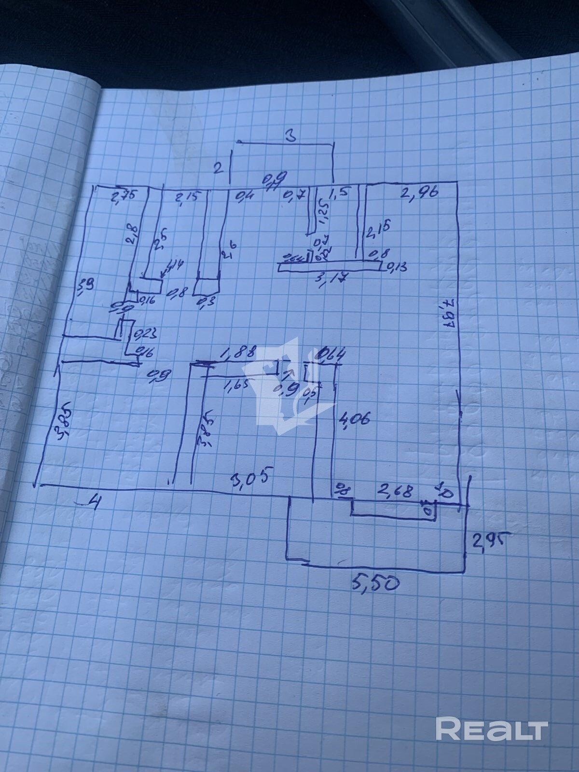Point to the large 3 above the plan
[289, 136]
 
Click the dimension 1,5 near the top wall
[340, 194]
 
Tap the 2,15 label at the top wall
[186, 197]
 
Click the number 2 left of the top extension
[218, 168]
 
